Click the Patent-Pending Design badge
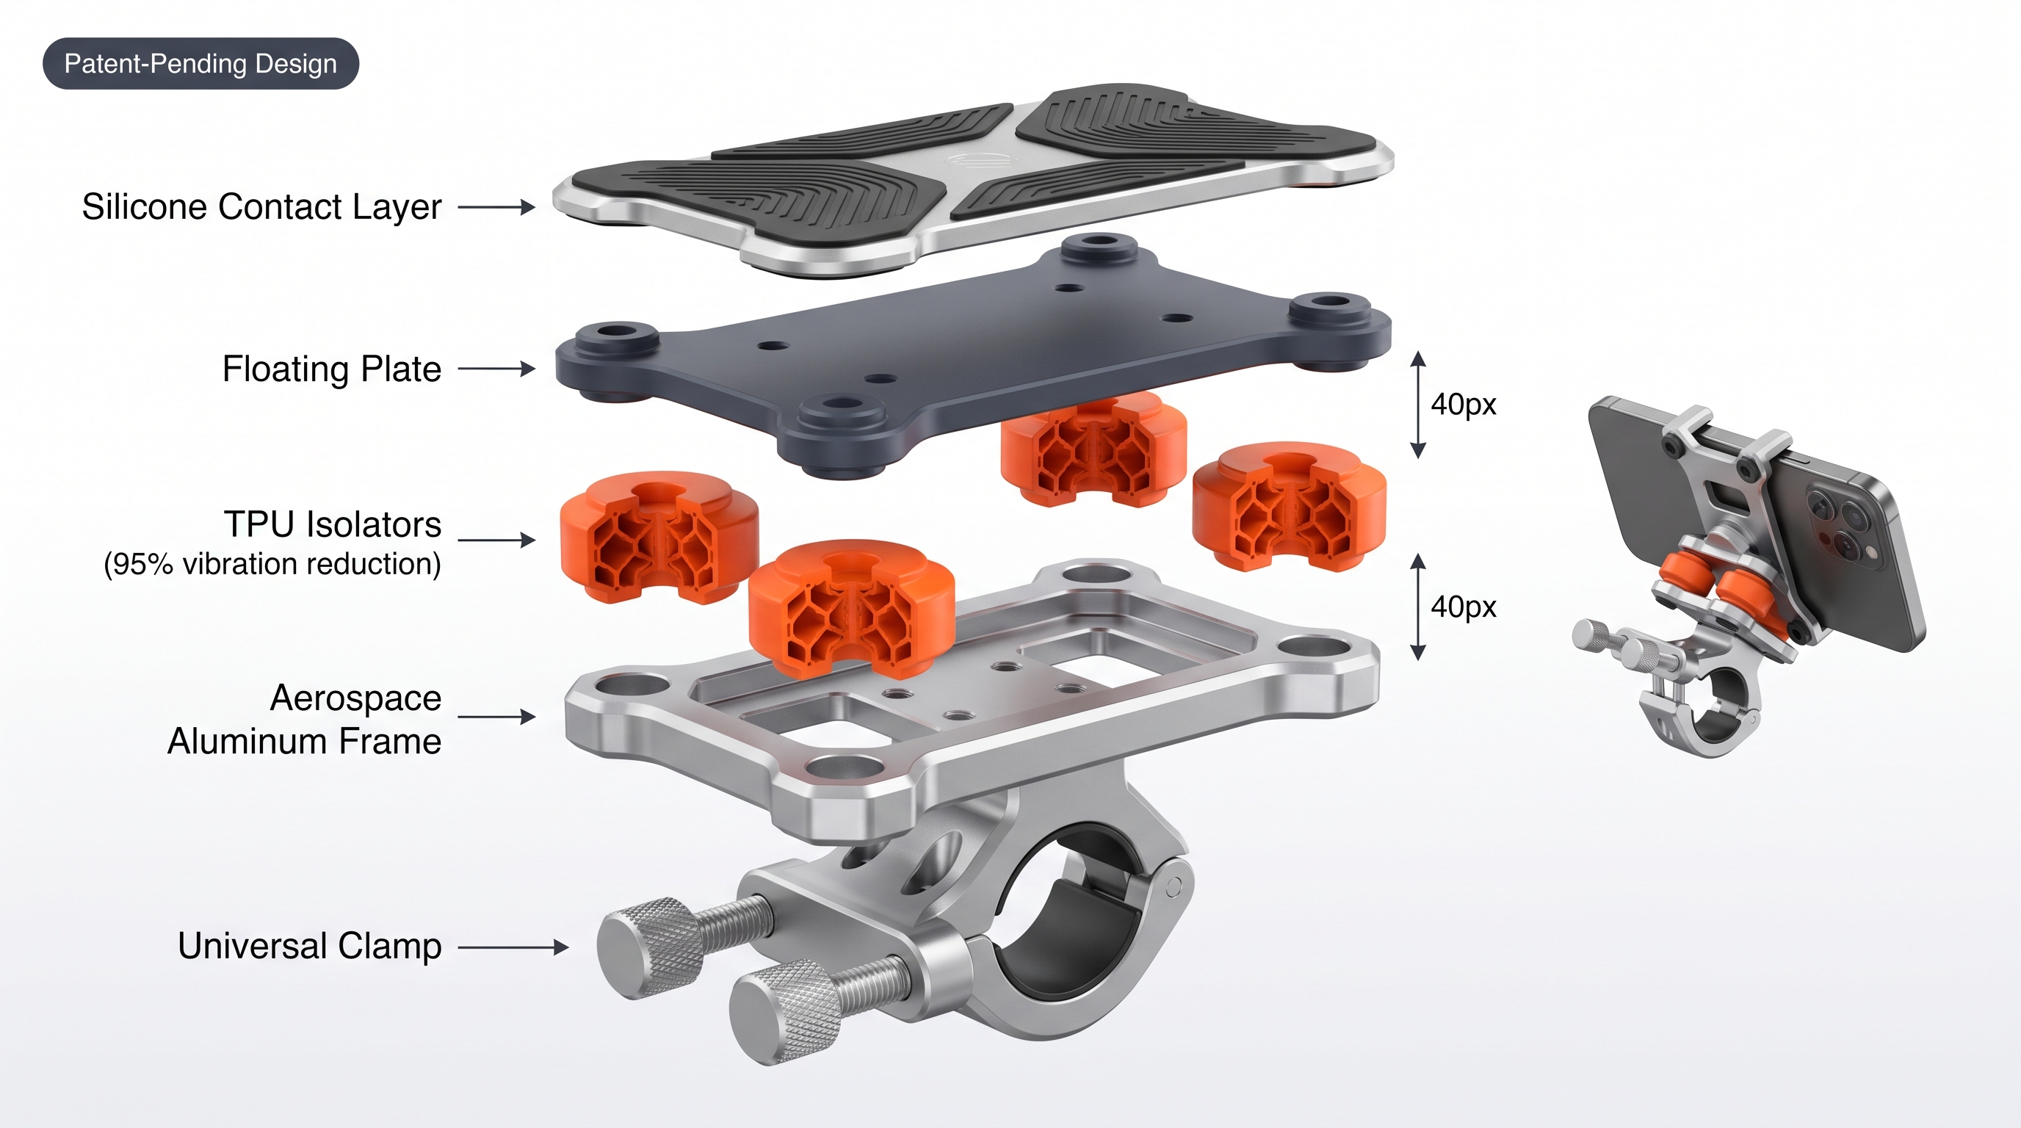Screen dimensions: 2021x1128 tap(200, 64)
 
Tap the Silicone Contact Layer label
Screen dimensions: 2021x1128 tap(262, 207)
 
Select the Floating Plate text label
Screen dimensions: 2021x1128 tap(332, 369)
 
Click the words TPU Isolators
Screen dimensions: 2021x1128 tap(333, 524)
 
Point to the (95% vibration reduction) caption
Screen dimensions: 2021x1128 tap(272, 564)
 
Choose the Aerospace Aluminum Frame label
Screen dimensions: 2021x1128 tap(305, 719)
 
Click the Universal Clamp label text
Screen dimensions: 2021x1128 tap(310, 946)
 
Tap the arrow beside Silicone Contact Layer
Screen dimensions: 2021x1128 tap(496, 207)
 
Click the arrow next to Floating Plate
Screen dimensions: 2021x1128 tap(496, 369)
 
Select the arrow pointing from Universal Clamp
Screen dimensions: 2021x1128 tap(513, 947)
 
